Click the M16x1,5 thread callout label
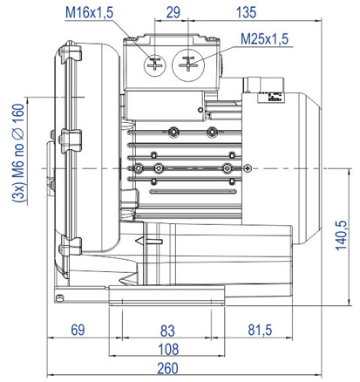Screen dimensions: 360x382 (x=89, y=13)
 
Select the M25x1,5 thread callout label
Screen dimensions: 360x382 (x=264, y=39)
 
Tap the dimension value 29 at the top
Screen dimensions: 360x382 (x=173, y=12)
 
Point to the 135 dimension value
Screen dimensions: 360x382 (x=246, y=12)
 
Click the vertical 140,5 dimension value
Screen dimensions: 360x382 (x=342, y=235)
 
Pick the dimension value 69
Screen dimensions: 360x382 (x=78, y=330)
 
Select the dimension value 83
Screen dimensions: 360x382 (x=167, y=331)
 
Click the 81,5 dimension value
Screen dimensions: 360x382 (x=260, y=330)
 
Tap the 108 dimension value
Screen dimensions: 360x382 (x=168, y=349)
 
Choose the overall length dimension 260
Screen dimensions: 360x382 (x=167, y=368)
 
